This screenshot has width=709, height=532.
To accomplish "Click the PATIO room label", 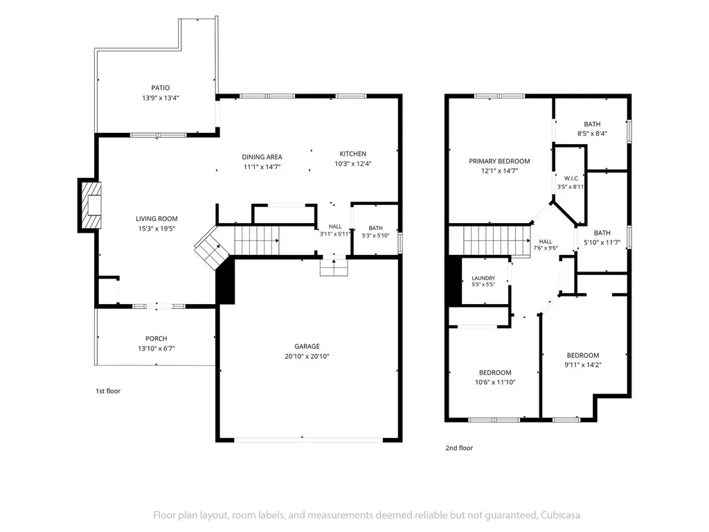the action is [161, 88].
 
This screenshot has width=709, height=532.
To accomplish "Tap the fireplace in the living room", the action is [91, 205].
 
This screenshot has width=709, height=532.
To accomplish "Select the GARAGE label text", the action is [307, 346].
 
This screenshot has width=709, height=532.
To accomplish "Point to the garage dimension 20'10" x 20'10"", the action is [307, 356].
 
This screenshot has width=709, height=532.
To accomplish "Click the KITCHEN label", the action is [353, 154].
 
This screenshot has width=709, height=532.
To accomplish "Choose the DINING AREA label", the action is [262, 157].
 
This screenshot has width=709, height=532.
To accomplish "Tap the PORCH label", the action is [156, 338].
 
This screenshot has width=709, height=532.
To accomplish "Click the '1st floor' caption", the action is [108, 391].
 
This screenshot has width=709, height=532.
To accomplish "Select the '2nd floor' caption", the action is [460, 448].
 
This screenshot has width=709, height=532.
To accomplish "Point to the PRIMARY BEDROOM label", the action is [500, 161].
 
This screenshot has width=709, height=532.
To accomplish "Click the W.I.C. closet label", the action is [571, 178].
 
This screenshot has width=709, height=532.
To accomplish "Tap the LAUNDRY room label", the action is [483, 278].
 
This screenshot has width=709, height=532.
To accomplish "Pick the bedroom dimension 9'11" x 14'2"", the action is [583, 364].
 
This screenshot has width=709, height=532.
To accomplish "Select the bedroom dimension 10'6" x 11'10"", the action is [495, 382].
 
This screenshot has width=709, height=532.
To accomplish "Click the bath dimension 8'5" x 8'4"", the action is [593, 134].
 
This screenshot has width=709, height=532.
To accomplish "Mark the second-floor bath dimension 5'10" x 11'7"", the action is [602, 242].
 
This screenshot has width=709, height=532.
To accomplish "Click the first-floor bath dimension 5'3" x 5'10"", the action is [376, 236].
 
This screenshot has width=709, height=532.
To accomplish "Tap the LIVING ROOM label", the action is [157, 218].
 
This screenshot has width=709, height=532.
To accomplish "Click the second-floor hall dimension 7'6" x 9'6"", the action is [546, 248].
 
